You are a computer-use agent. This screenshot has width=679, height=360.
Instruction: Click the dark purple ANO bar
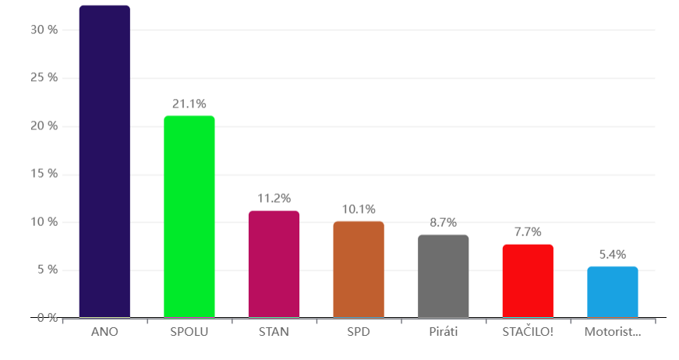[104, 162]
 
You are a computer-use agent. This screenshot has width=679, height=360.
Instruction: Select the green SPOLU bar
[189, 217]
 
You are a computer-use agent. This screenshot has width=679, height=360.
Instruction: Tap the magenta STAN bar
[274, 264]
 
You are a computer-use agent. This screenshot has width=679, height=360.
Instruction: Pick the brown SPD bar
[359, 270]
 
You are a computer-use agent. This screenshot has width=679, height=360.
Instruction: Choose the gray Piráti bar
[443, 277]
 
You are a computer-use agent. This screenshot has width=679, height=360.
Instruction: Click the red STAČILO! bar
[528, 281]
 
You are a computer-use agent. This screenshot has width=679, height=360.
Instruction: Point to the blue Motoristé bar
[612, 292]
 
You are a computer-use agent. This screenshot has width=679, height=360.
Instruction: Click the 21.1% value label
[189, 104]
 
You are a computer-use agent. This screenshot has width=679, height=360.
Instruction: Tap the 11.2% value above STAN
[274, 199]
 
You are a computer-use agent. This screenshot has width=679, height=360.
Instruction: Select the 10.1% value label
[359, 209]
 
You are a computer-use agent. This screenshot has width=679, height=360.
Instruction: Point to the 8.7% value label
[443, 222]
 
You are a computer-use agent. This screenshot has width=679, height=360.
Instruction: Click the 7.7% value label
[528, 232]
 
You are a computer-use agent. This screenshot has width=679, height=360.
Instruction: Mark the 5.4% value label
[612, 254]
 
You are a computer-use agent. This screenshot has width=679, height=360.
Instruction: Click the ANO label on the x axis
[104, 332]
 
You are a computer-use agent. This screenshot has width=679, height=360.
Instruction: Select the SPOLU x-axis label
[189, 332]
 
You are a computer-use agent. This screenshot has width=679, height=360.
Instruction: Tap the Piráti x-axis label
[443, 332]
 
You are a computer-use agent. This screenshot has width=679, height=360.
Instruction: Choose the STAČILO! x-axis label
[528, 332]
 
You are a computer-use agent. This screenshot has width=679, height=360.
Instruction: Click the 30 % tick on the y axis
[44, 30]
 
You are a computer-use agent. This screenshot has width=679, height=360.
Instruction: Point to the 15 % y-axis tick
[44, 174]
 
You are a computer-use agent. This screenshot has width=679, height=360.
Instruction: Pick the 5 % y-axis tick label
[47, 270]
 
